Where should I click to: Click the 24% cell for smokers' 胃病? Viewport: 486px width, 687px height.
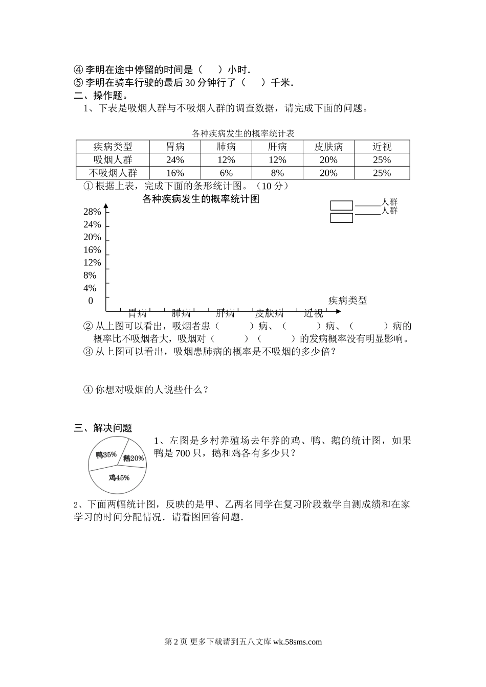(x=175, y=160)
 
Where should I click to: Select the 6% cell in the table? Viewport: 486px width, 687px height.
(x=226, y=173)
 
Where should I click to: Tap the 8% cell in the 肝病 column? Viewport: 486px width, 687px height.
(x=277, y=173)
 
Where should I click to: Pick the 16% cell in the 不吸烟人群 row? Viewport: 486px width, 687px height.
(x=175, y=173)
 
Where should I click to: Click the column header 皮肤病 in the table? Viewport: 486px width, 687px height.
(x=328, y=147)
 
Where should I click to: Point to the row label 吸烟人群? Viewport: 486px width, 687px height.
(x=113, y=160)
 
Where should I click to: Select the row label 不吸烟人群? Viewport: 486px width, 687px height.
(x=113, y=173)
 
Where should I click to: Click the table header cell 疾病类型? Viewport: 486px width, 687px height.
(x=113, y=147)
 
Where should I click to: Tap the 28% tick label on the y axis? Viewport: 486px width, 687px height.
(x=92, y=212)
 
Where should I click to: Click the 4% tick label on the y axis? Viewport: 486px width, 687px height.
(x=90, y=288)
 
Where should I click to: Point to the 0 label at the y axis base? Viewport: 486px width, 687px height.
(x=91, y=301)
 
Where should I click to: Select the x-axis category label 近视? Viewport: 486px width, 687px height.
(x=314, y=313)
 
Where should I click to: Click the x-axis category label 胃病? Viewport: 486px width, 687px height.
(x=137, y=313)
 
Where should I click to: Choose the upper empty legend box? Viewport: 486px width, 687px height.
(x=341, y=205)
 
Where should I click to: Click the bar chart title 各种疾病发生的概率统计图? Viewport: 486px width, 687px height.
(x=201, y=199)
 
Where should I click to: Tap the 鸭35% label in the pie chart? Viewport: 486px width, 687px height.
(x=106, y=454)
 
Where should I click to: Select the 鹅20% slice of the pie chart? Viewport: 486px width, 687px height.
(x=133, y=458)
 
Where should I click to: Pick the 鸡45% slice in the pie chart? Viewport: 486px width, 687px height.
(x=119, y=478)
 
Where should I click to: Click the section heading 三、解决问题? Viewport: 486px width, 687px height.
(x=103, y=428)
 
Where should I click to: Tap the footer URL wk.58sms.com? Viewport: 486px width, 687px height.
(x=298, y=642)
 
